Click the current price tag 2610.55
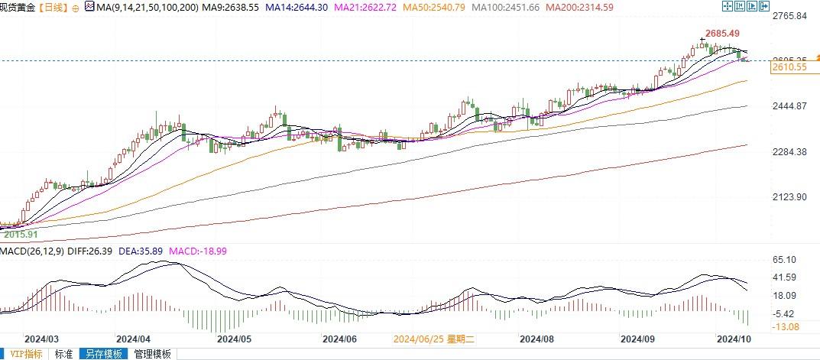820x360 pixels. click(x=790, y=67)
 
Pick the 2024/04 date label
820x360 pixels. click(x=134, y=338)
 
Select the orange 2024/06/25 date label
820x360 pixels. click(x=433, y=338)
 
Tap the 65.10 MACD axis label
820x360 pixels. click(x=785, y=261)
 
